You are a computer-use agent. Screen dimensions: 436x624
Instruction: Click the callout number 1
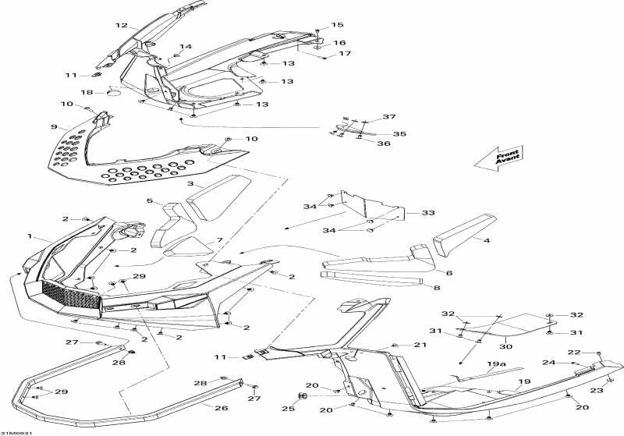(x=30, y=236)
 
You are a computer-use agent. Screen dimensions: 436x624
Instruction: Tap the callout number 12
(x=122, y=25)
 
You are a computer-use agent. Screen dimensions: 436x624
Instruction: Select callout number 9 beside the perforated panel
(x=54, y=126)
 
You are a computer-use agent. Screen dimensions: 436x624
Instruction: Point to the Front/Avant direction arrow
(x=498, y=159)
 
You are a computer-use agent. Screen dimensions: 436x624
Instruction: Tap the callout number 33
(x=427, y=212)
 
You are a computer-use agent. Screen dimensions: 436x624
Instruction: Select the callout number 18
(x=87, y=93)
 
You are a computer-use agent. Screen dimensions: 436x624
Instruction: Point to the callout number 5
(x=150, y=201)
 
